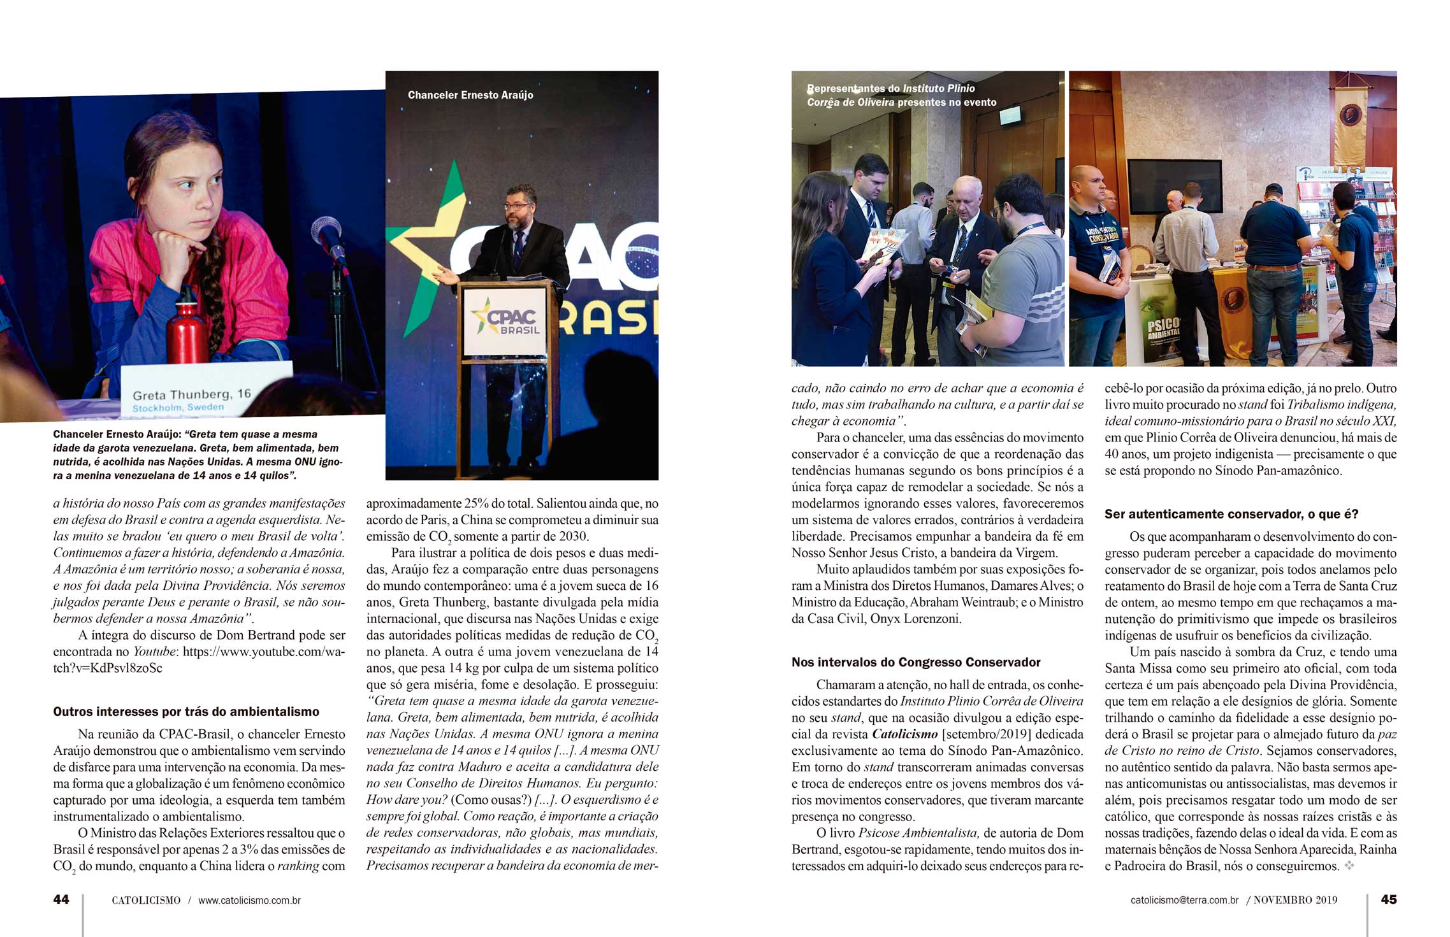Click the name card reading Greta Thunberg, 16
[x=191, y=394]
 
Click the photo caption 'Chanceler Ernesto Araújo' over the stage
[x=470, y=95]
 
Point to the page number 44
[x=61, y=899]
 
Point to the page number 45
[x=1389, y=899]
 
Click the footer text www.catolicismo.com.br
[x=249, y=900]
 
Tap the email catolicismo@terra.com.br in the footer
[x=1184, y=900]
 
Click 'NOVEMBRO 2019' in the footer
[x=1296, y=900]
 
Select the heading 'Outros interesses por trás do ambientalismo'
[x=186, y=712]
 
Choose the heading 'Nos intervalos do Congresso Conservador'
[x=916, y=662]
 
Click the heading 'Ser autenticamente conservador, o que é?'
[x=1231, y=513]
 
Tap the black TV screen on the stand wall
[x=1175, y=187]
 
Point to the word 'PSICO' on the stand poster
[x=1164, y=324]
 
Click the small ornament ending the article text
[x=1349, y=866]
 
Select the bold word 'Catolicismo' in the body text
[x=904, y=734]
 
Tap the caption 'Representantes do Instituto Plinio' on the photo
[x=891, y=89]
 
